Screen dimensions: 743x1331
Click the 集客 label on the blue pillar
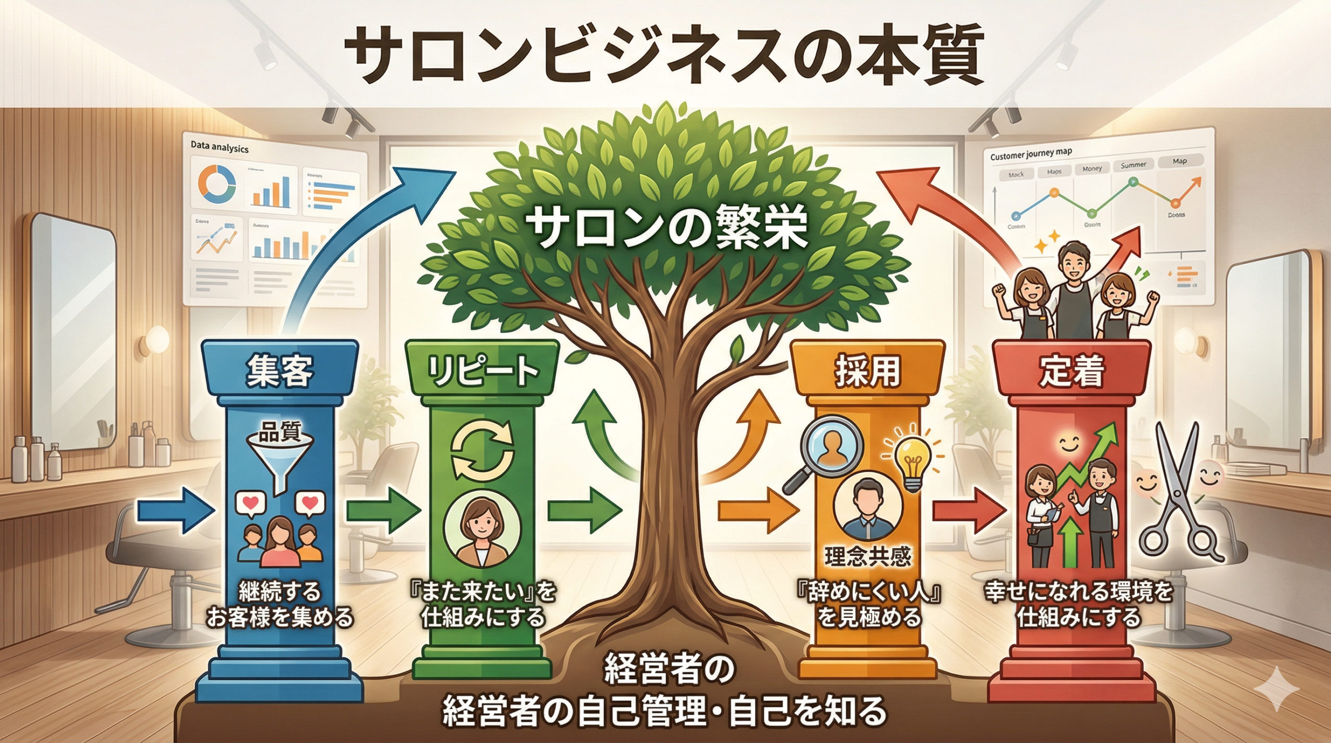(x=280, y=371)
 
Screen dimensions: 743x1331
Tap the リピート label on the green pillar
(x=482, y=371)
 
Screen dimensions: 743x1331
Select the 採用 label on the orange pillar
(x=867, y=371)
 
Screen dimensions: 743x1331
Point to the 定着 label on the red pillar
(x=1071, y=371)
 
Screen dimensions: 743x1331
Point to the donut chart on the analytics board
(x=217, y=185)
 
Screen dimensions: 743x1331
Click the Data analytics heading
(x=219, y=148)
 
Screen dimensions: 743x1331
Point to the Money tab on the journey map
(x=1092, y=168)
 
